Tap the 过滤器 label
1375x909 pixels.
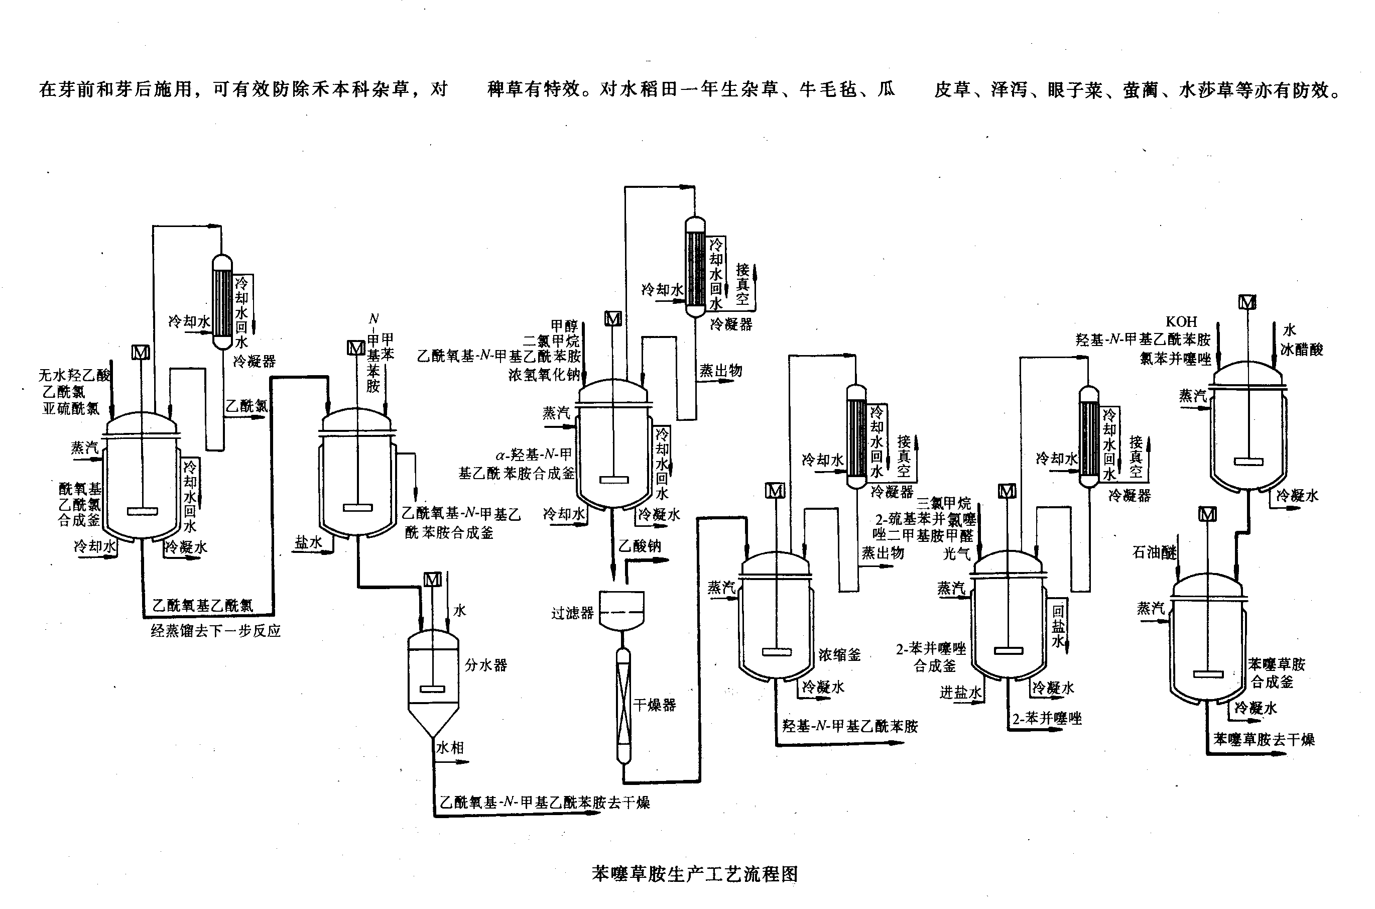(572, 613)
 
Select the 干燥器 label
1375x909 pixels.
(654, 705)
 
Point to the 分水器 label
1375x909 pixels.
(485, 665)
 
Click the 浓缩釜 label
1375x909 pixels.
(839, 655)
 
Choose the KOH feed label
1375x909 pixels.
(1181, 321)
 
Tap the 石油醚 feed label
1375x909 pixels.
(1154, 552)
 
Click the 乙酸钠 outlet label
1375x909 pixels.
(639, 545)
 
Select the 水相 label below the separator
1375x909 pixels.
(450, 748)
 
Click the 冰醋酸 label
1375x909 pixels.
(1301, 350)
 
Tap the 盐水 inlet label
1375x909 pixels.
(308, 542)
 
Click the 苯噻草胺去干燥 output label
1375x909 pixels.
(1264, 739)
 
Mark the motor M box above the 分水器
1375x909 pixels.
(432, 579)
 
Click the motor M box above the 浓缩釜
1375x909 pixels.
(775, 491)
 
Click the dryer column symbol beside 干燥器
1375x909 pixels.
(623, 706)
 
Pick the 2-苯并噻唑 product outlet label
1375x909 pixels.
(1047, 718)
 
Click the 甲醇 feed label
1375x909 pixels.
(564, 326)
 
